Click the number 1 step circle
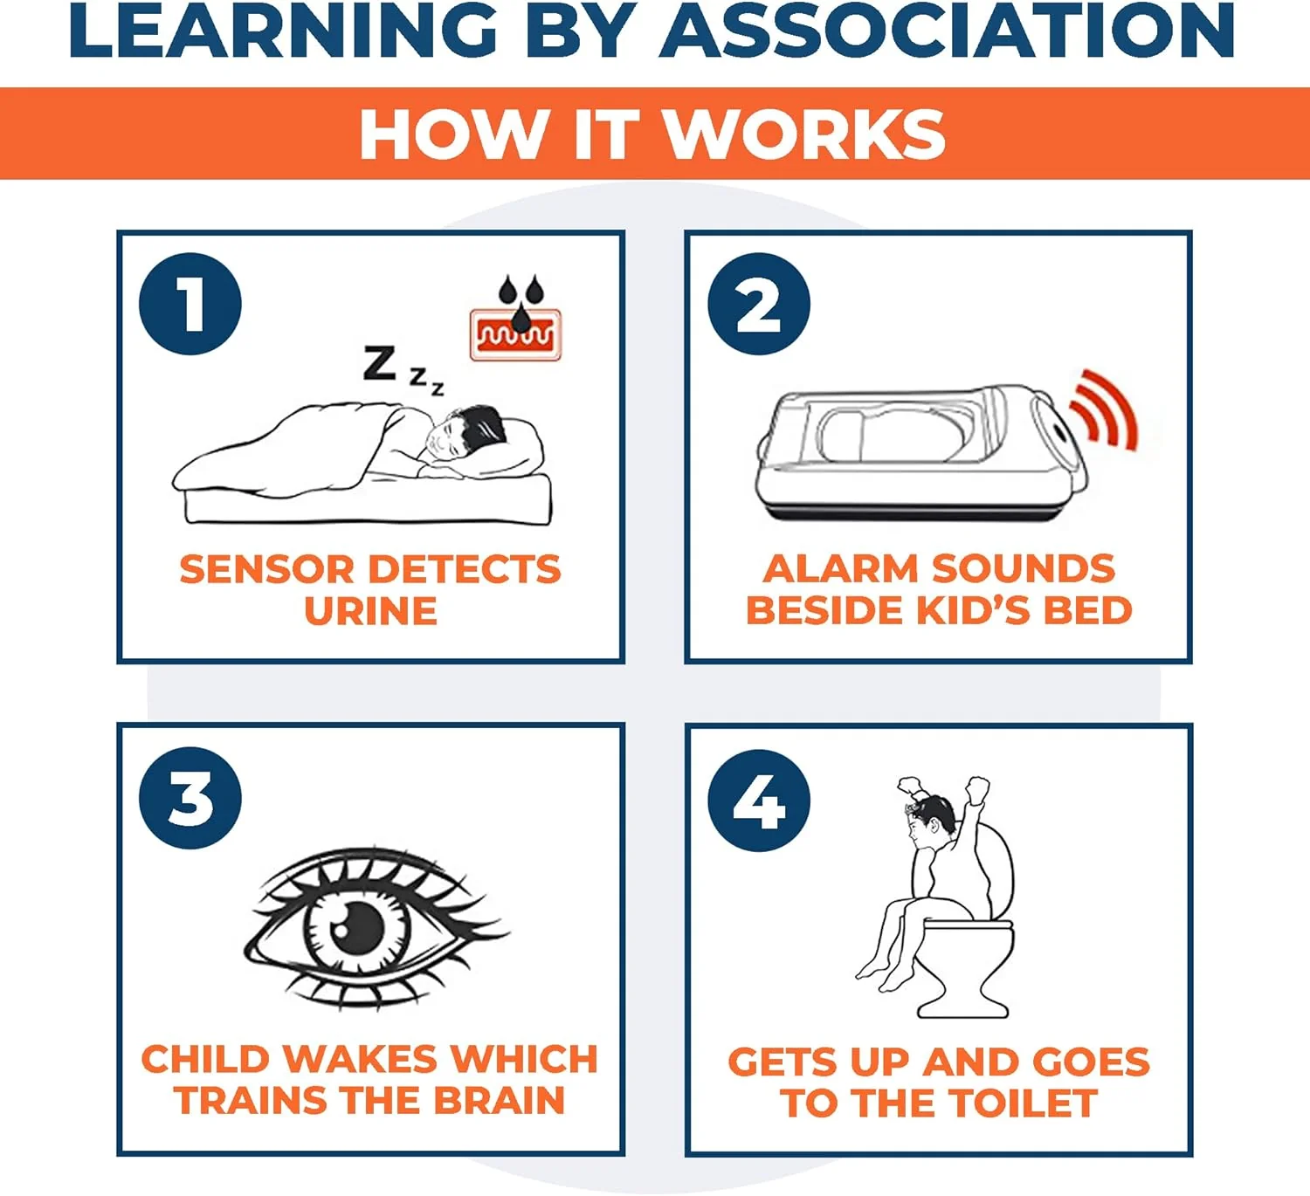(190, 304)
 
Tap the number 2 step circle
(759, 304)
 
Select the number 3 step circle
(190, 798)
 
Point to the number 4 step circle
(759, 801)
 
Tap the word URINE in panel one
(370, 611)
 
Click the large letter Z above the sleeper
(379, 363)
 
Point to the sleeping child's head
(465, 431)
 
